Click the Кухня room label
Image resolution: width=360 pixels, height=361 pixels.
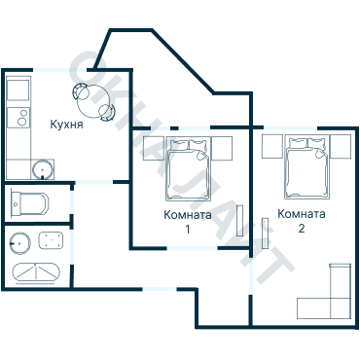tap(66, 125)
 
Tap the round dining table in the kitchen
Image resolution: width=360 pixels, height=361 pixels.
tap(93, 101)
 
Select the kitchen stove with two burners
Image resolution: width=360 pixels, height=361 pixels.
tap(18, 117)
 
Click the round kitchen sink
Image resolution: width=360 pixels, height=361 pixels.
tap(43, 169)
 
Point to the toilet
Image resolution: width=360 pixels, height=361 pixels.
tap(29, 203)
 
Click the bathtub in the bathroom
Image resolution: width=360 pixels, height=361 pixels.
tap(36, 272)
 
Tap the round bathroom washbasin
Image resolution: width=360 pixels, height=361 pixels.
tap(19, 243)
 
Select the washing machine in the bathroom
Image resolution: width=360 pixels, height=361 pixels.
tap(51, 240)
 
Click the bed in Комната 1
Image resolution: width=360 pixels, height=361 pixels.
tap(188, 169)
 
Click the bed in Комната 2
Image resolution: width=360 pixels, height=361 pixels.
tap(306, 168)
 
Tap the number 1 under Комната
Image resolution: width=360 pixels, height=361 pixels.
tap(188, 229)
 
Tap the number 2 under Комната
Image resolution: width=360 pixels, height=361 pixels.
tap(302, 229)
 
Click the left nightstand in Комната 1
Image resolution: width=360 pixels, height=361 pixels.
tap(154, 148)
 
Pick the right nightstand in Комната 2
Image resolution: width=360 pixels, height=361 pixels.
tap(341, 146)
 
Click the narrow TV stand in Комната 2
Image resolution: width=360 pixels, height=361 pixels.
tap(266, 234)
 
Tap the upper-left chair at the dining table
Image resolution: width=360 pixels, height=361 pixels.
tap(80, 91)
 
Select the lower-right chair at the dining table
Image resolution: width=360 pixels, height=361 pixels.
tap(108, 113)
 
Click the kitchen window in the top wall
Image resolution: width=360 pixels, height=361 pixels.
tap(59, 70)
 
